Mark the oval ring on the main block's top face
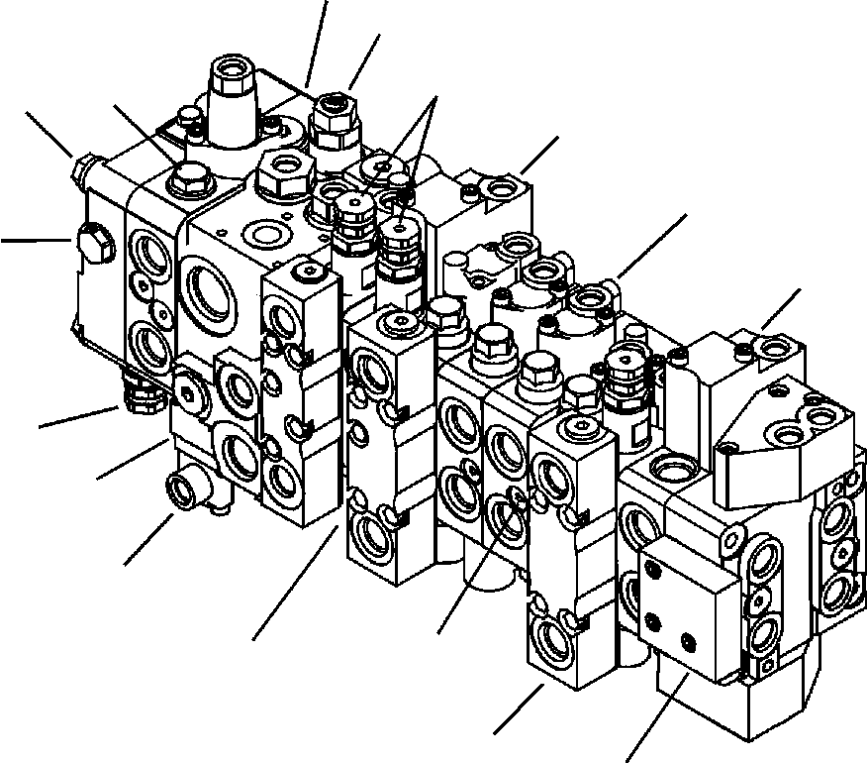[x=265, y=234]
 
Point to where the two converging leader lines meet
[x=436, y=99]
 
